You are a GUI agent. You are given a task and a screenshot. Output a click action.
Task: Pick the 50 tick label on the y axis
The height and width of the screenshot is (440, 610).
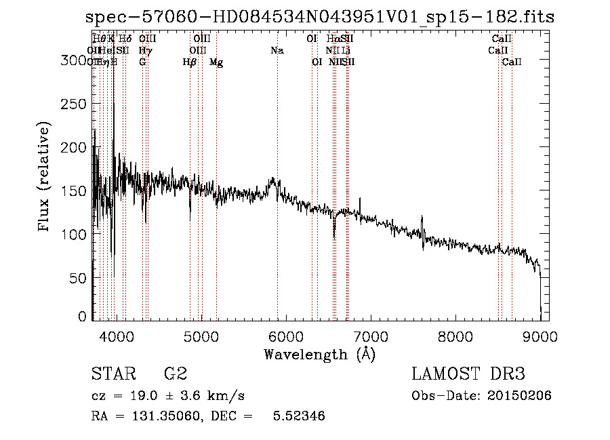80,278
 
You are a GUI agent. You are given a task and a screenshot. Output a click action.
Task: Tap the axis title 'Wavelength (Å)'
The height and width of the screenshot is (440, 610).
319,354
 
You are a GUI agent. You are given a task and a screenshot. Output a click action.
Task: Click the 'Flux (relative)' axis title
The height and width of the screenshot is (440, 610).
45,178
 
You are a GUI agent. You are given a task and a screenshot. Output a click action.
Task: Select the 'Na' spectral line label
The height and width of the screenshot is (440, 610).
277,51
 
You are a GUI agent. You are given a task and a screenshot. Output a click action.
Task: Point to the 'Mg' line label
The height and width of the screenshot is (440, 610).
216,62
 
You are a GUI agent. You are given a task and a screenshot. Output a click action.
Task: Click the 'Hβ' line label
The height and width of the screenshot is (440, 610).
190,62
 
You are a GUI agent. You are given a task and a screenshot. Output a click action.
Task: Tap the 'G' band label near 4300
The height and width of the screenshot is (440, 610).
142,62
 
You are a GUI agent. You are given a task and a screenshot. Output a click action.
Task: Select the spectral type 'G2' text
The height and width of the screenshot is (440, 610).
175,375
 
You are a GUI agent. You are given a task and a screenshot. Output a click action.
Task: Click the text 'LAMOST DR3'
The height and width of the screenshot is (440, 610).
468,375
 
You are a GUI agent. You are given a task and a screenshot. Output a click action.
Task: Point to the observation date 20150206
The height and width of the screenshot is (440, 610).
522,396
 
